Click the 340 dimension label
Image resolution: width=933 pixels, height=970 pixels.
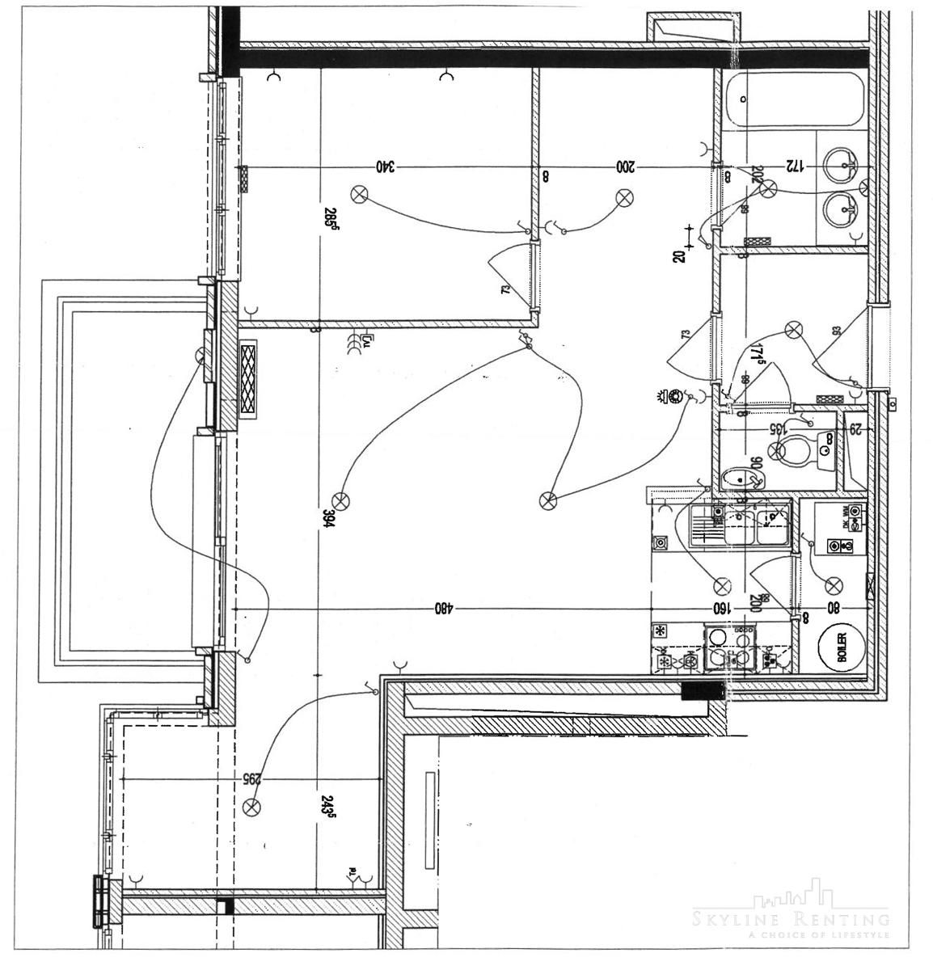[386, 167]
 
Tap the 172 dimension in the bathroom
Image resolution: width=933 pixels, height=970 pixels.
[795, 167]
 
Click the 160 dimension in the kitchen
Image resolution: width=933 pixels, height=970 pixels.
[720, 607]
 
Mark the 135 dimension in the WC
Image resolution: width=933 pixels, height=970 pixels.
[776, 429]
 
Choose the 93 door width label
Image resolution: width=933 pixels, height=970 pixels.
[836, 331]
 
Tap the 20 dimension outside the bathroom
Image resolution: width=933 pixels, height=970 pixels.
[678, 255]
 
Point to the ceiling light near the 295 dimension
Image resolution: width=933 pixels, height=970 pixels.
[253, 805]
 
